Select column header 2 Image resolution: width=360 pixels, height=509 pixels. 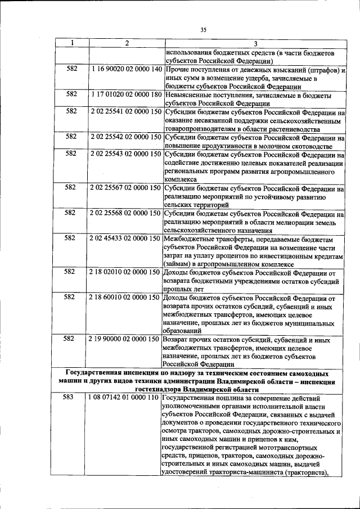[127, 43]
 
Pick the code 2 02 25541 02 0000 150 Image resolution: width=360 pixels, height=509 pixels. [125, 111]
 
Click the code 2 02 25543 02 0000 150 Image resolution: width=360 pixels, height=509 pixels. [125, 154]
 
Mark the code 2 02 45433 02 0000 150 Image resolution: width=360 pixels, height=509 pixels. [125, 238]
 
